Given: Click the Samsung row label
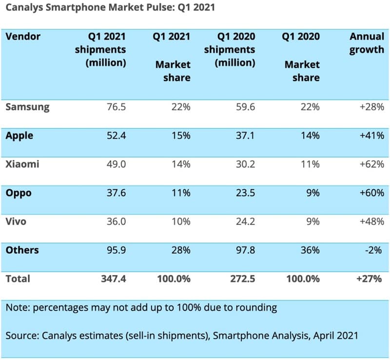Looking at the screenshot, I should [27, 107].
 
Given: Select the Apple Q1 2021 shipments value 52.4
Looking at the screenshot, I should [116, 136].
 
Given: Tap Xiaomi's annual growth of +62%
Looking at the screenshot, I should [371, 164].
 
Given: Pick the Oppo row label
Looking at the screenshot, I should [19, 193].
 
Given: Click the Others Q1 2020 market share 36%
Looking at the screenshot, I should [310, 250].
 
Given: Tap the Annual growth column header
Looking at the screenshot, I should [367, 43].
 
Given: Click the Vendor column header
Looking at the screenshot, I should [23, 37].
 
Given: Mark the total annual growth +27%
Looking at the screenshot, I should [371, 279].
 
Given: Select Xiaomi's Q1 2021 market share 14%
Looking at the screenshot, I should [180, 164].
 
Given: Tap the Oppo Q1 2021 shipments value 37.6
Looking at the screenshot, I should [116, 193].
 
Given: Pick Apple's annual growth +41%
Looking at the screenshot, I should [371, 136].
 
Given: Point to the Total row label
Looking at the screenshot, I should [18, 279].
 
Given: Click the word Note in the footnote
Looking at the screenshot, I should [17, 308].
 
